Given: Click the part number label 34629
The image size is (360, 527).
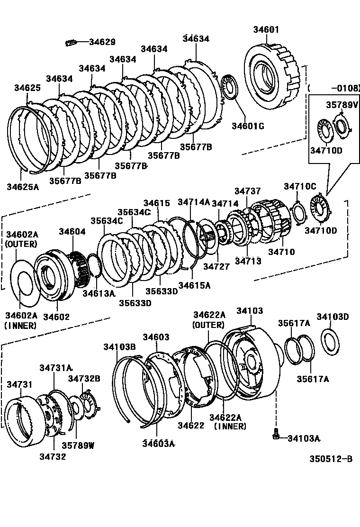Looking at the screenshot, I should [x=102, y=42].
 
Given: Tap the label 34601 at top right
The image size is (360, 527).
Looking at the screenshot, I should [x=266, y=29].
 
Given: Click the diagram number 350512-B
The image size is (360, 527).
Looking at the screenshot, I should [x=331, y=459].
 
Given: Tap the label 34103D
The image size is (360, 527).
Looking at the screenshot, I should [x=333, y=317].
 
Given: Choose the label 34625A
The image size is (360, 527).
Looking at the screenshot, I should [x=23, y=186].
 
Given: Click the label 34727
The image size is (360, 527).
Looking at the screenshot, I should [x=216, y=267].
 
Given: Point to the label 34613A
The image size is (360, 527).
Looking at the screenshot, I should [x=99, y=293].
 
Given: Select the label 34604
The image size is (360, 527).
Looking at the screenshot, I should [x=72, y=231].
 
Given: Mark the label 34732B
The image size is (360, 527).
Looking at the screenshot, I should [x=84, y=378].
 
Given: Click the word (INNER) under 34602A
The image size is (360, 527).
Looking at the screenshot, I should [x=21, y=326].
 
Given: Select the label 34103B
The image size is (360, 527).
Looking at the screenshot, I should [x=119, y=347].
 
